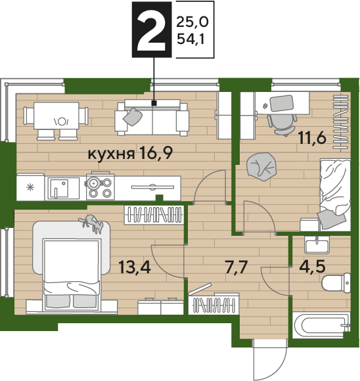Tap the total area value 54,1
pos(191,39)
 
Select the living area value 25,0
pos(192,22)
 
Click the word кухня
pos(111,154)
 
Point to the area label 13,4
pos(135,267)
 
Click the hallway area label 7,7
pos(236,267)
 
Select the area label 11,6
pos(312,138)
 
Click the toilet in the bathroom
pos(336,283)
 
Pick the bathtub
pos(321,325)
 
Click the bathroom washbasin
pos(317,245)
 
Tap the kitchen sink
pos(62,188)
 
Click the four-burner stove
pos(101,187)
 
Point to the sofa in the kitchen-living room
pos(152,118)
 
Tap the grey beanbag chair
pos(261,166)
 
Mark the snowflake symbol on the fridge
pos(30,188)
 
